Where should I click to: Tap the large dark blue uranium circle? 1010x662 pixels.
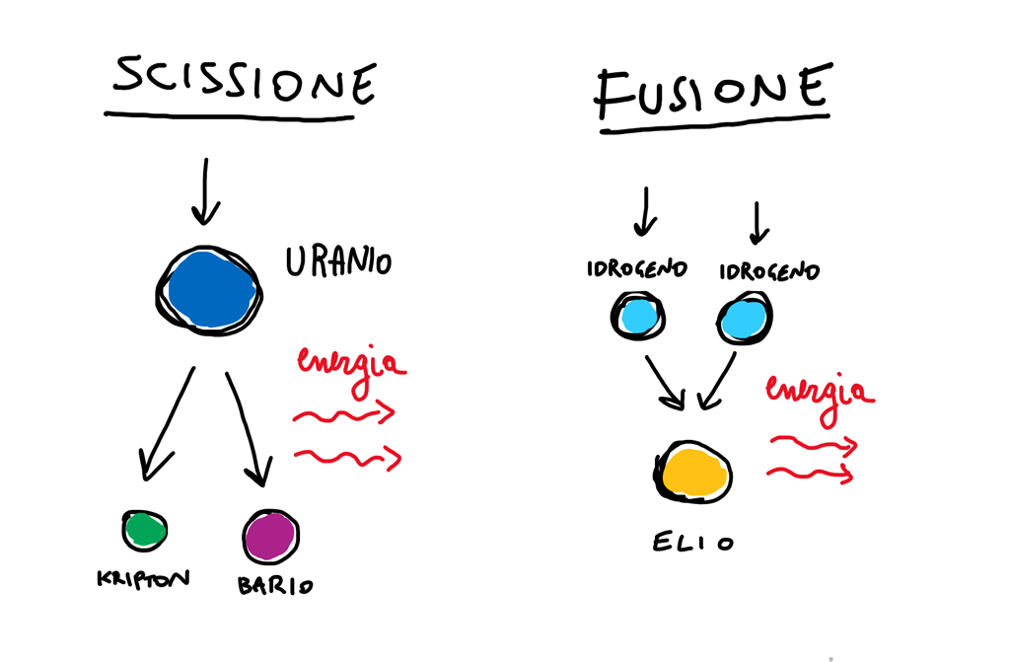209,290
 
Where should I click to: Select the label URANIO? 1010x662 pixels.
338,261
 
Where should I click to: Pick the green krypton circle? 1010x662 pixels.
145,531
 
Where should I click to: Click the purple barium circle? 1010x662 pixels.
271,537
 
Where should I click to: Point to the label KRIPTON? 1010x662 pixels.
143,578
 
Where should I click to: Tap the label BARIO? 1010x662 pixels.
275,585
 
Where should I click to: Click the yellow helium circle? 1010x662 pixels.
693,473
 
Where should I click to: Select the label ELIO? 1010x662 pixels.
693,542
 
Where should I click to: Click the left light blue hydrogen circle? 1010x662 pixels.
638,316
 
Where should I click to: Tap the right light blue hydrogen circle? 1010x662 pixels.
745,318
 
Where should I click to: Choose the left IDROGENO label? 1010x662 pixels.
636,268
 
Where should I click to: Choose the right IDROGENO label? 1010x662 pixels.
769,271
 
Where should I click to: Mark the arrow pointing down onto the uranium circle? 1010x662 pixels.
205,191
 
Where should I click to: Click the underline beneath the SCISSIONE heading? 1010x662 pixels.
229,116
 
